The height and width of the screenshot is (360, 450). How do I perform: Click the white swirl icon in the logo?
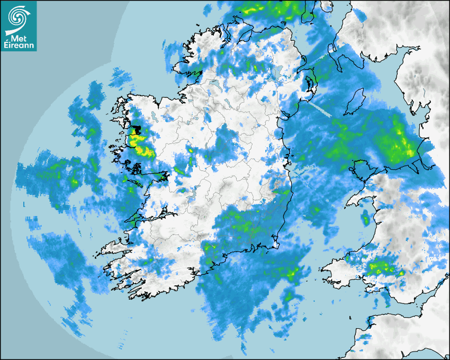(x=19, y=16)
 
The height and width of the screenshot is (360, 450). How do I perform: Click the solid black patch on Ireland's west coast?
(x=137, y=130)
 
